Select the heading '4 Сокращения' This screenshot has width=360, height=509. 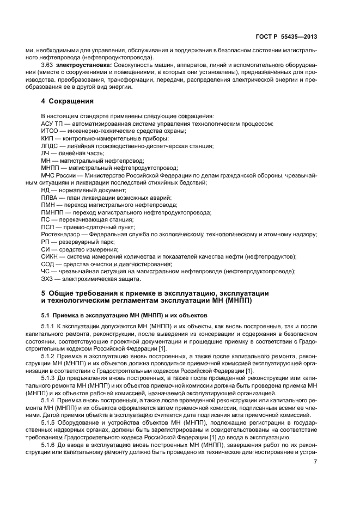pyautogui.click(x=67, y=101)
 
